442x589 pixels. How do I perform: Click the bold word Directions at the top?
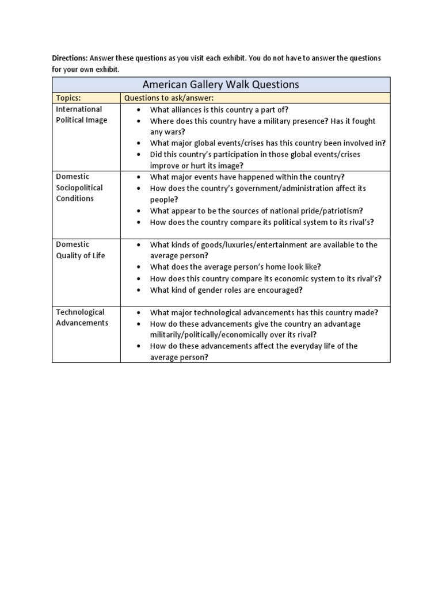70,59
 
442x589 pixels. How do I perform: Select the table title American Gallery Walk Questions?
221,85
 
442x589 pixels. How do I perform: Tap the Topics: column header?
68,98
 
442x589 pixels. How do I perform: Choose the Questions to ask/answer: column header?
169,98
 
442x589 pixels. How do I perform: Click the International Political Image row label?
79,114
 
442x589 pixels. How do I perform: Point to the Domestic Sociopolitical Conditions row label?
79,188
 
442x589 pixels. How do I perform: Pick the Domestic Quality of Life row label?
80,250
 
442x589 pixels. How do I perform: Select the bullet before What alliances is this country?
139,110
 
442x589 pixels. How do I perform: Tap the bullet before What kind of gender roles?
139,290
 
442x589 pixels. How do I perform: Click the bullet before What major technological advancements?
139,312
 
